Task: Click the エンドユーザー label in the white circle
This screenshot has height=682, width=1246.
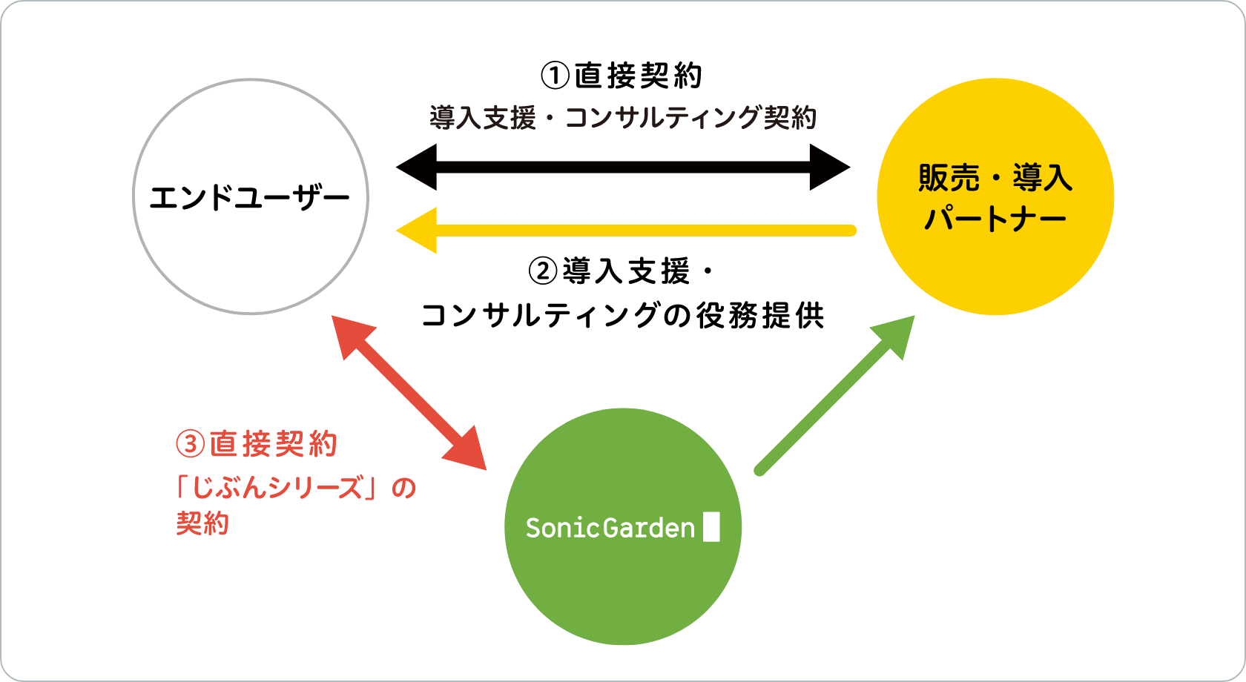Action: [249, 198]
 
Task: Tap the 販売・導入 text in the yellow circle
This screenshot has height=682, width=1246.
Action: [995, 178]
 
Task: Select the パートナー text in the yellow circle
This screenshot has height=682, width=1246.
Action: [995, 218]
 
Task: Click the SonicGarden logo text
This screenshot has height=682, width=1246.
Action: [610, 528]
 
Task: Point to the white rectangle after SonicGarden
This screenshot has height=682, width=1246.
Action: [711, 527]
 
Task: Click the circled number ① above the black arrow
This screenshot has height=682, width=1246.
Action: [555, 76]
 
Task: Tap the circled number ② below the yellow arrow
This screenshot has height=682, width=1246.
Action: [542, 271]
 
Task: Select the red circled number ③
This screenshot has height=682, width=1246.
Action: [190, 444]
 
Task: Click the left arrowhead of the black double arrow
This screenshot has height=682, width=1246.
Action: [416, 167]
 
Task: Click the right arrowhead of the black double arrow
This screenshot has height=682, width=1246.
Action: [830, 167]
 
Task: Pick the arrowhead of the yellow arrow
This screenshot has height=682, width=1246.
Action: [416, 230]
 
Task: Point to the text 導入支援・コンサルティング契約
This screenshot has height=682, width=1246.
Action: [622, 117]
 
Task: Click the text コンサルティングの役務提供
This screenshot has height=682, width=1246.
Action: [622, 315]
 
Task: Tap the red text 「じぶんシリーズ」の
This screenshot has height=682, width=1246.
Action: [295, 488]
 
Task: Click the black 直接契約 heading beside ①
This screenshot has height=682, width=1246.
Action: [639, 76]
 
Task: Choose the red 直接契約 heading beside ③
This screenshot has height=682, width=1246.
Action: [274, 444]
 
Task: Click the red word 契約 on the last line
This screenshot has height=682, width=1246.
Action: [202, 523]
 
